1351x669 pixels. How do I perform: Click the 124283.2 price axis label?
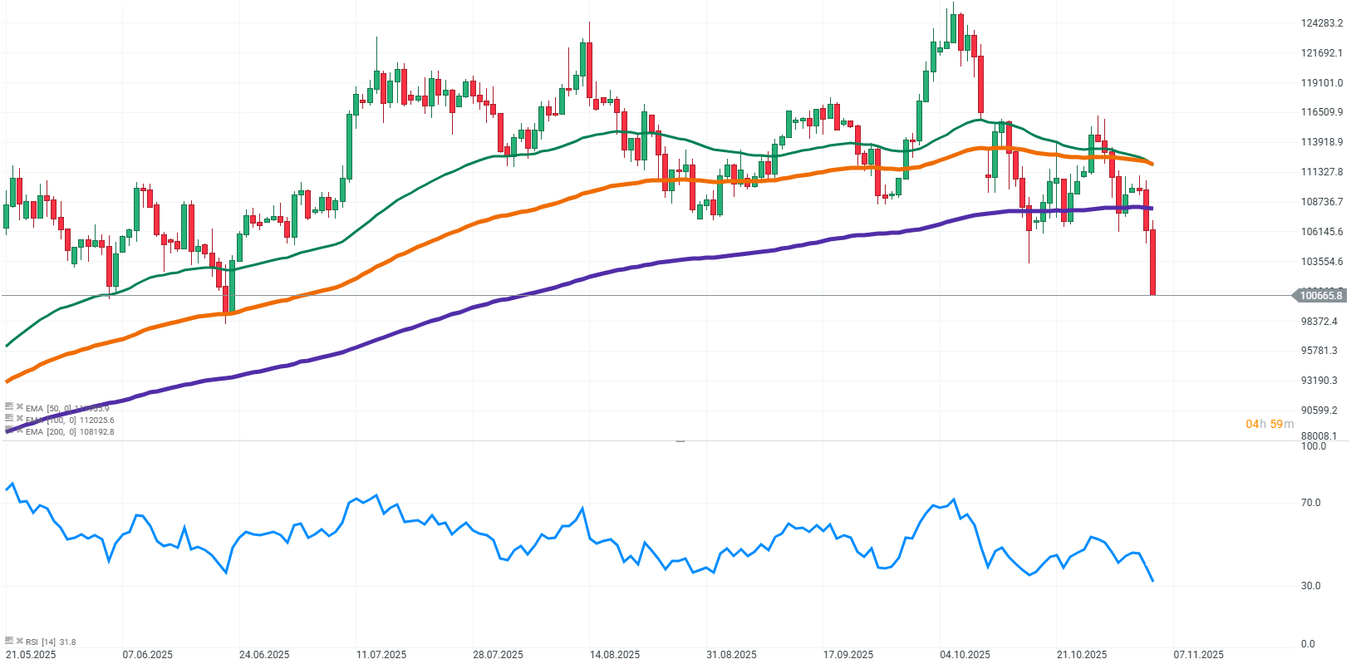[x=1321, y=23]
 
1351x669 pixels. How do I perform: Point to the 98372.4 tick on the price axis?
[x=1319, y=322]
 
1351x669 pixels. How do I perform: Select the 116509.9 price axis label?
[x=1321, y=112]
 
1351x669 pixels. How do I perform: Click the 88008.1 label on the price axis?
[x=1319, y=436]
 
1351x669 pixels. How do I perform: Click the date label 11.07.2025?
[x=381, y=655]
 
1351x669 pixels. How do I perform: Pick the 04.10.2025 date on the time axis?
[x=965, y=655]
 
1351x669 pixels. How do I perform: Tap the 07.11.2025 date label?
[x=1198, y=655]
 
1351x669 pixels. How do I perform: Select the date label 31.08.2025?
[x=731, y=655]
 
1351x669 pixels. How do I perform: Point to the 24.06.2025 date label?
[x=264, y=655]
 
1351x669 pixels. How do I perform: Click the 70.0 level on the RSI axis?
[x=1311, y=503]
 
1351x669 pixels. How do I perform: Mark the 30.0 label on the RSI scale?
[x=1311, y=586]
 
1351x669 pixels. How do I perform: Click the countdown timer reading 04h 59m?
[x=1269, y=425]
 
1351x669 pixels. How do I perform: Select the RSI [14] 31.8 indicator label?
[x=51, y=642]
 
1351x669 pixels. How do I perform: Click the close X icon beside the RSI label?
[x=19, y=642]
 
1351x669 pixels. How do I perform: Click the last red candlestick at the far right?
[x=1153, y=262]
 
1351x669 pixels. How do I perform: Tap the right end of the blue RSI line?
[x=1152, y=581]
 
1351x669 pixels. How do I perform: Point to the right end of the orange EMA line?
[x=1151, y=165]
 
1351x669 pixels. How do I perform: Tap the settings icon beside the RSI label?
[x=9, y=642]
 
